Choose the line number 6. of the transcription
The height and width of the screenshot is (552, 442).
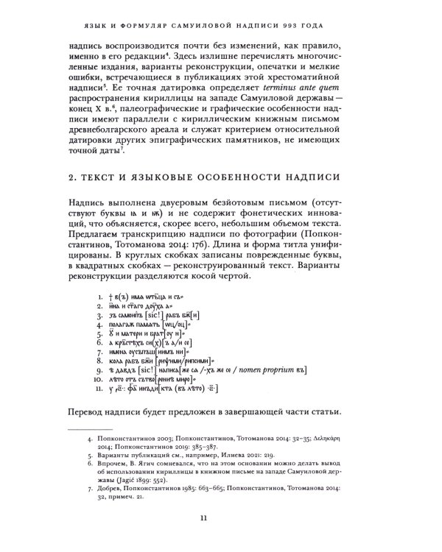click(99, 342)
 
